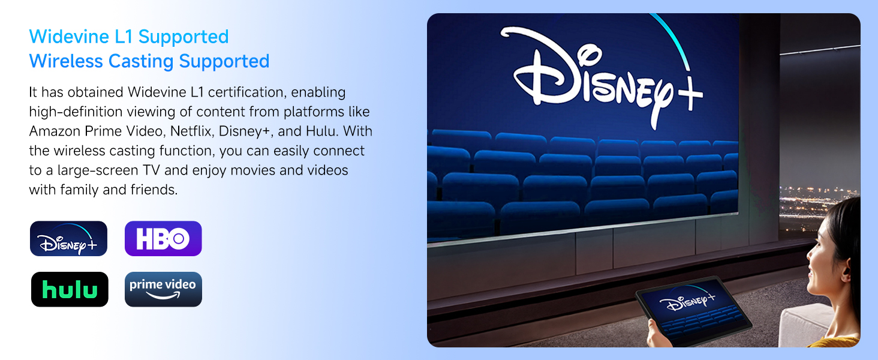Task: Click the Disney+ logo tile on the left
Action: (x=68, y=238)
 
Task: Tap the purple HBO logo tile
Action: (x=163, y=238)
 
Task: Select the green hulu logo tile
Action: (x=70, y=289)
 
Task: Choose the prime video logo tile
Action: (x=163, y=289)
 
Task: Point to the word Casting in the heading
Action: (x=140, y=61)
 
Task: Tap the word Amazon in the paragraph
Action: (x=55, y=131)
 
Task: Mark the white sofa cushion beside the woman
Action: (x=807, y=323)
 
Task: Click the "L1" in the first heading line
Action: (x=124, y=37)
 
